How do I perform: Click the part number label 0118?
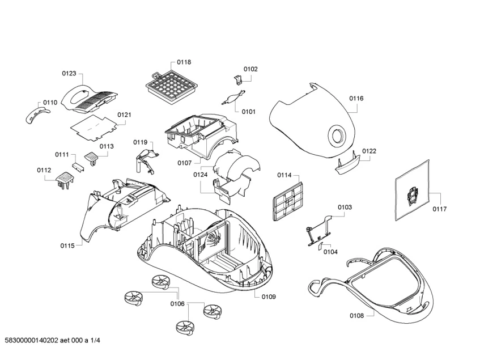(x=184, y=62)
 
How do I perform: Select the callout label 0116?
(x=356, y=99)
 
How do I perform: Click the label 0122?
(x=369, y=151)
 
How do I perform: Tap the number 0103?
(x=345, y=207)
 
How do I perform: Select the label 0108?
(x=356, y=315)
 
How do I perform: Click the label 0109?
(x=269, y=297)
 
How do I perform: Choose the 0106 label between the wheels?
(x=177, y=304)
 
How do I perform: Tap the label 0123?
(x=69, y=74)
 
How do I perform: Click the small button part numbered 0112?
(x=64, y=180)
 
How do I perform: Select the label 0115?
(x=67, y=245)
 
